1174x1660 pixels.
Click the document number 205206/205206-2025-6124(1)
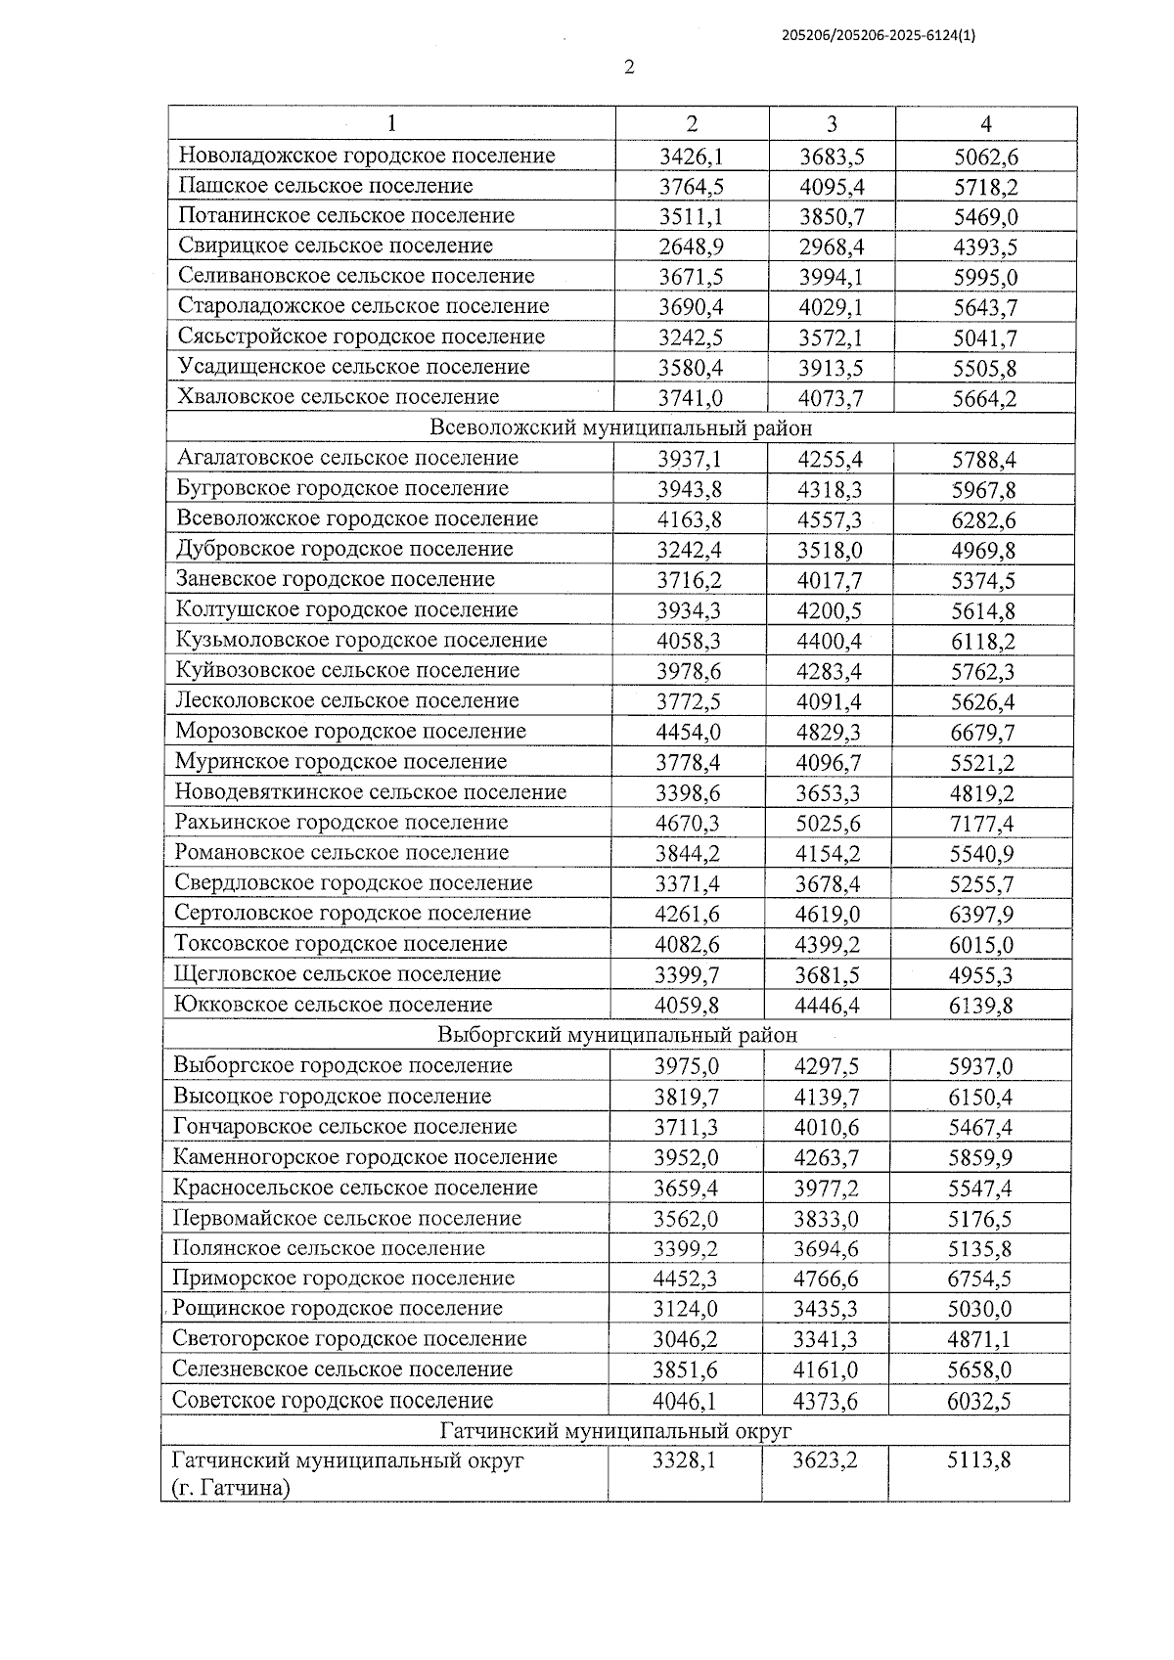pyautogui.click(x=879, y=35)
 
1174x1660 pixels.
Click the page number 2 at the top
pyautogui.click(x=629, y=67)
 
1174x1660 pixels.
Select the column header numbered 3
pyautogui.click(x=832, y=123)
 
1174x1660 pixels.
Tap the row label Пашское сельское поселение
pyautogui.click(x=325, y=186)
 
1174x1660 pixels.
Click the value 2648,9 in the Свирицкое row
pyautogui.click(x=691, y=247)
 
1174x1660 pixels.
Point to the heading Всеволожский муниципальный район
pyautogui.click(x=620, y=428)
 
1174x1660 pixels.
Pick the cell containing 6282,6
pyautogui.click(x=983, y=519)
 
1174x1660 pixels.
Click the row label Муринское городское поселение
pyautogui.click(x=340, y=761)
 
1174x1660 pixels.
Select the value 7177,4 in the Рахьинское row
pyautogui.click(x=981, y=823)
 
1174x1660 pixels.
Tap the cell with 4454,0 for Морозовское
pyautogui.click(x=688, y=732)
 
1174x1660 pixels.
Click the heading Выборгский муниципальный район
pyautogui.click(x=616, y=1035)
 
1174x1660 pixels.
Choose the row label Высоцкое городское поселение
pyautogui.click(x=332, y=1096)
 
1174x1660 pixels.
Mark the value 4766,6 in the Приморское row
pyautogui.click(x=827, y=1279)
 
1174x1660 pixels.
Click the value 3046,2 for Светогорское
pyautogui.click(x=685, y=1339)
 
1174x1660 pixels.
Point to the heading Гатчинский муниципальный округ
pyautogui.click(x=615, y=1431)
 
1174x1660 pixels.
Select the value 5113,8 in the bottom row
pyautogui.click(x=978, y=1461)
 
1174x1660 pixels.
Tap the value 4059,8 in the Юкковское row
pyautogui.click(x=687, y=1005)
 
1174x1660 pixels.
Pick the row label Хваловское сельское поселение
pyautogui.click(x=338, y=397)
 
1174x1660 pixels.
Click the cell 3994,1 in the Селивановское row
pyautogui.click(x=831, y=277)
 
